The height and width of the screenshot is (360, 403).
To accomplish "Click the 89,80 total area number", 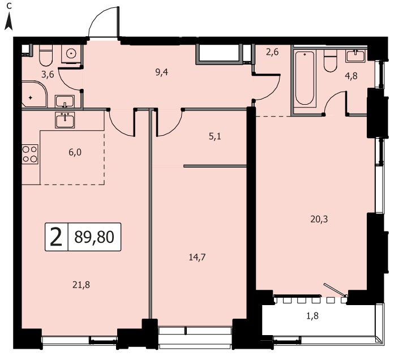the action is (94, 237).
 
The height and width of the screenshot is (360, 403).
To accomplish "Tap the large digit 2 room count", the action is (56, 237).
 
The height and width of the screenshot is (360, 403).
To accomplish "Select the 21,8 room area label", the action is (81, 285).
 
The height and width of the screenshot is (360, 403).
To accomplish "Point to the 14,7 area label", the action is (197, 257).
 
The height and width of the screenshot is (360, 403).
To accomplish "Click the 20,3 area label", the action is (319, 219).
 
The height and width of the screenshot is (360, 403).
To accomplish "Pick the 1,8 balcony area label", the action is (312, 316).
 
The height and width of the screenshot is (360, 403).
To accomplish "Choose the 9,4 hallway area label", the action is (162, 72).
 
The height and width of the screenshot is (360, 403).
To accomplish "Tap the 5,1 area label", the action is (215, 136).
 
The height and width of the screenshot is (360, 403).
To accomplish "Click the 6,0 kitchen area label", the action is (75, 152).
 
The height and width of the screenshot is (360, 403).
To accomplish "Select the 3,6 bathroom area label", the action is (48, 75).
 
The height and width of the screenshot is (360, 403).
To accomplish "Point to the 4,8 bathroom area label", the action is (351, 76).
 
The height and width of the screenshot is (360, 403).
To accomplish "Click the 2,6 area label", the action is (272, 52).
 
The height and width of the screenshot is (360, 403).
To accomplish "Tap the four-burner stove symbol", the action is (30, 154).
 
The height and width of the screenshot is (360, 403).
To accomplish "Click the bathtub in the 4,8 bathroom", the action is (305, 78).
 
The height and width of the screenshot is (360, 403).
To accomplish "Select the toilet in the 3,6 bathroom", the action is (46, 55).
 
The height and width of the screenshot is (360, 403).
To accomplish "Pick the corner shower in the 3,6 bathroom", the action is (34, 94).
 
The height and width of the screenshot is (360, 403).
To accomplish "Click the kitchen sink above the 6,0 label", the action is (65, 120).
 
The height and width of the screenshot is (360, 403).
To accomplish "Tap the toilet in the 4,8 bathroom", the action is (330, 61).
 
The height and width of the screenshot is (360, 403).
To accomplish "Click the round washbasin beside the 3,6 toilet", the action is (71, 53).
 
